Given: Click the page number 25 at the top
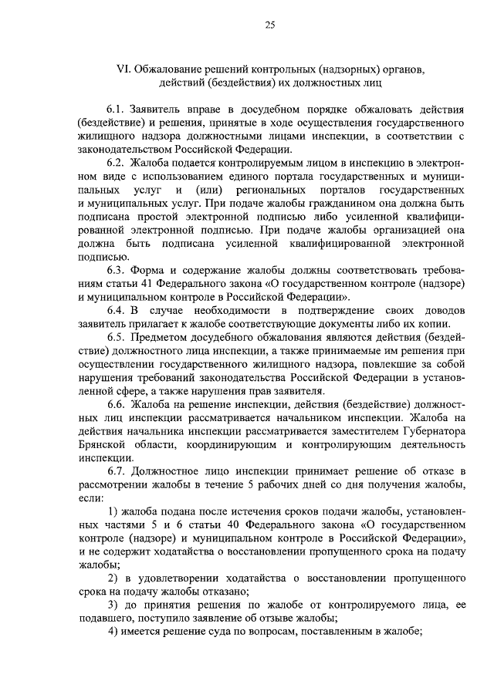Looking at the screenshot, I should pos(270,25).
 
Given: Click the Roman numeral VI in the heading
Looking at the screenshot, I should pos(123,69).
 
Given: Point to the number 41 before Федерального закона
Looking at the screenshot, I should pos(140,283).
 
